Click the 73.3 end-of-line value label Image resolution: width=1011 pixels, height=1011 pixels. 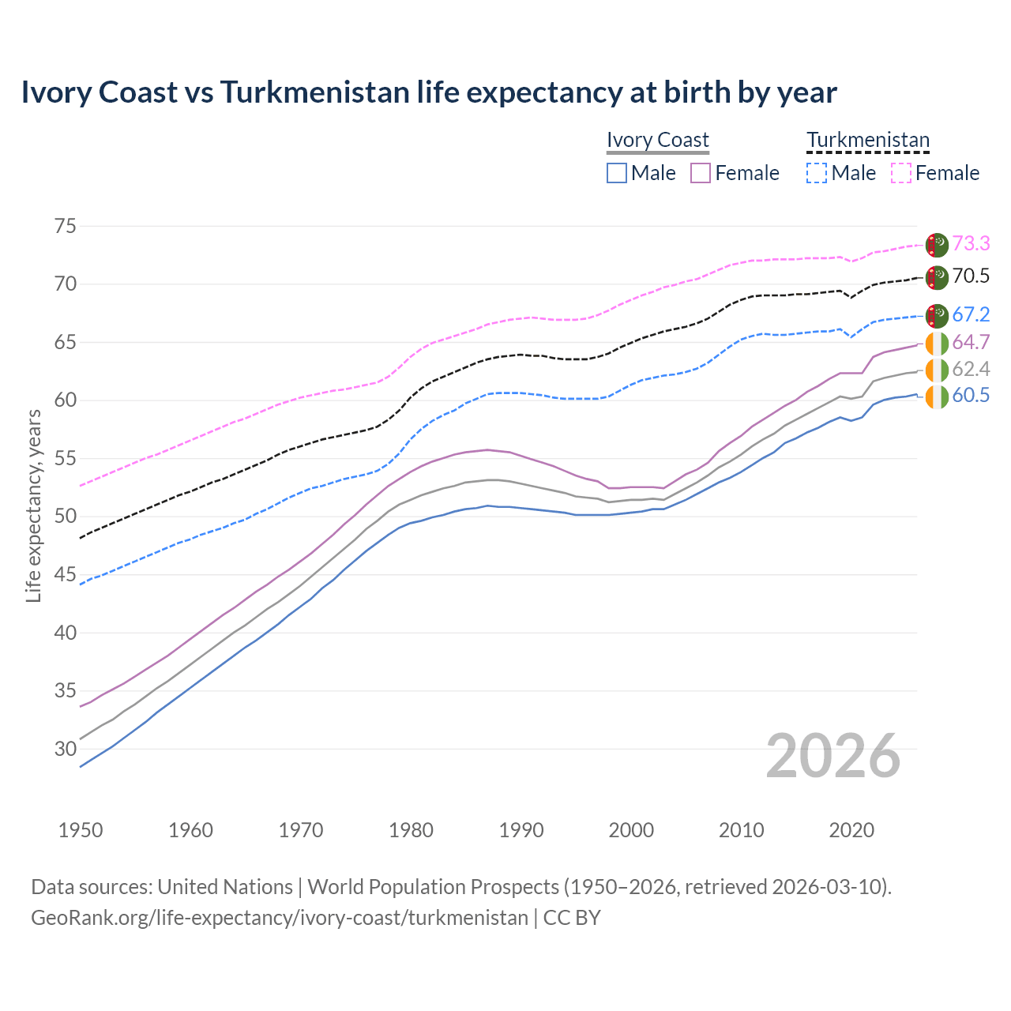click(971, 244)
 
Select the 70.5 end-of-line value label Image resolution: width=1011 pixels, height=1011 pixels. click(971, 276)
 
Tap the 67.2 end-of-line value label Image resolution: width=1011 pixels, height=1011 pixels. click(971, 315)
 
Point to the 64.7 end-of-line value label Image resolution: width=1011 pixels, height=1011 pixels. click(971, 343)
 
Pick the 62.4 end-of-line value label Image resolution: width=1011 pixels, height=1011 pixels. click(971, 370)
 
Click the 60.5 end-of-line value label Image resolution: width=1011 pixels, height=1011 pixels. click(971, 396)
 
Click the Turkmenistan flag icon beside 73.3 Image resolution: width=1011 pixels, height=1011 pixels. click(937, 245)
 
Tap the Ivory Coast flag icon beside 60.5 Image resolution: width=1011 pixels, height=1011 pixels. click(937, 397)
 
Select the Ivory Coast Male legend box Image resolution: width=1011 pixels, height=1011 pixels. click(617, 173)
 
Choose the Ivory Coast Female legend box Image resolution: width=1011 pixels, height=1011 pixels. click(701, 173)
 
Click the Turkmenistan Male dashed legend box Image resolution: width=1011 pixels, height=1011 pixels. click(817, 173)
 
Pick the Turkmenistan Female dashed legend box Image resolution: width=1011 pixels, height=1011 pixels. click(901, 173)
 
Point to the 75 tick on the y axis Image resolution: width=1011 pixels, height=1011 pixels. click(66, 227)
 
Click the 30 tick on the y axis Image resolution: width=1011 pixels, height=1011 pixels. click(66, 749)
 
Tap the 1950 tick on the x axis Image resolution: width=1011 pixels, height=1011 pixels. click(81, 830)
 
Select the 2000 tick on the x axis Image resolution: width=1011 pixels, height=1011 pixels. click(631, 830)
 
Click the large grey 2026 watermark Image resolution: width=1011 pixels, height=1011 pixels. click(833, 756)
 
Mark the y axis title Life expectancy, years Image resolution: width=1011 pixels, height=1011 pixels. click(34, 505)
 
